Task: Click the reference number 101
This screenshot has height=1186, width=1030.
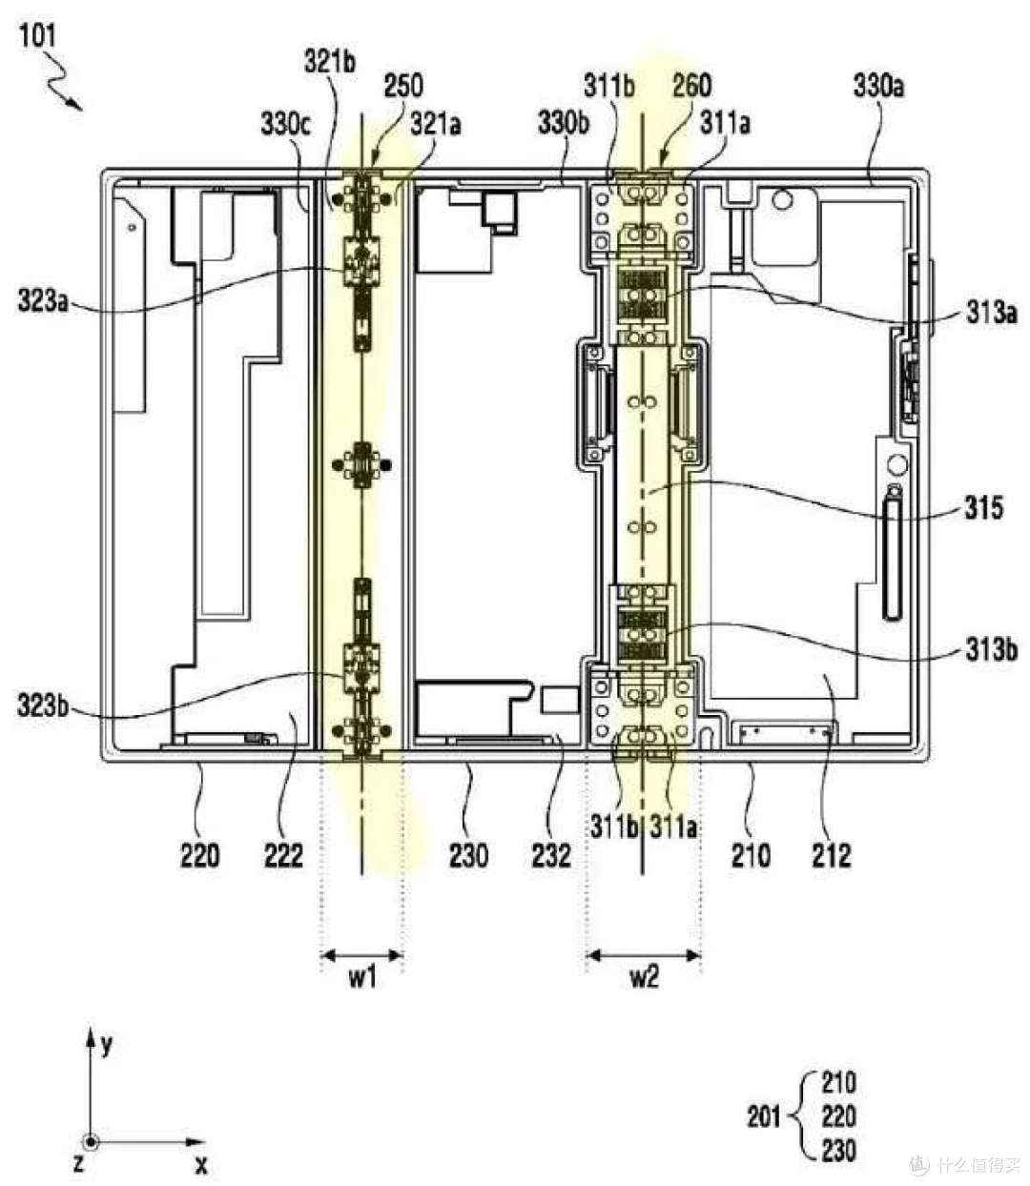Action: (x=38, y=36)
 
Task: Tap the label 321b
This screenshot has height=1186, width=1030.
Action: (x=330, y=62)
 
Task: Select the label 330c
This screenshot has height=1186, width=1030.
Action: (x=285, y=124)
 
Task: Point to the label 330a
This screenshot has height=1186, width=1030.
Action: (x=878, y=86)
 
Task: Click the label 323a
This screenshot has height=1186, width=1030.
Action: (x=43, y=301)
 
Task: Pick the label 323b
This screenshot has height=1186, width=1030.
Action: (x=43, y=705)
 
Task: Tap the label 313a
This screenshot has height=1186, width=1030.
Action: (x=992, y=313)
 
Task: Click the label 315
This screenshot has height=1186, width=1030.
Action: (x=983, y=508)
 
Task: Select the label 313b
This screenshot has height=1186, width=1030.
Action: (x=992, y=649)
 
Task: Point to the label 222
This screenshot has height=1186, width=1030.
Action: (x=283, y=855)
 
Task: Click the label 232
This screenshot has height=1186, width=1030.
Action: (x=551, y=855)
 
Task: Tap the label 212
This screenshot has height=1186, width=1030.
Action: (x=832, y=855)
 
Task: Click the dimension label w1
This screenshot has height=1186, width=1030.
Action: (x=362, y=978)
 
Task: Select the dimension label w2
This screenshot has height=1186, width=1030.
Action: (x=645, y=978)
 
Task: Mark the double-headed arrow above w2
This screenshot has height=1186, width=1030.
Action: (x=644, y=954)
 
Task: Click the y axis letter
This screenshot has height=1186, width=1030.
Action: (x=107, y=1045)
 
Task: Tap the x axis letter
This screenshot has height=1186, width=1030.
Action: (x=201, y=1164)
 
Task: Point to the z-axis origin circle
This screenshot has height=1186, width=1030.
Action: (x=91, y=1142)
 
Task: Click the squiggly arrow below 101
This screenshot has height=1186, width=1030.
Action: (x=63, y=82)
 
